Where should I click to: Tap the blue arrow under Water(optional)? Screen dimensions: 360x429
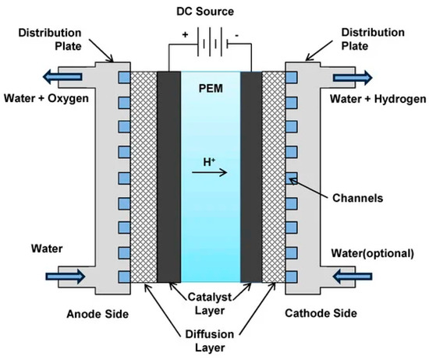click(x=356, y=275)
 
